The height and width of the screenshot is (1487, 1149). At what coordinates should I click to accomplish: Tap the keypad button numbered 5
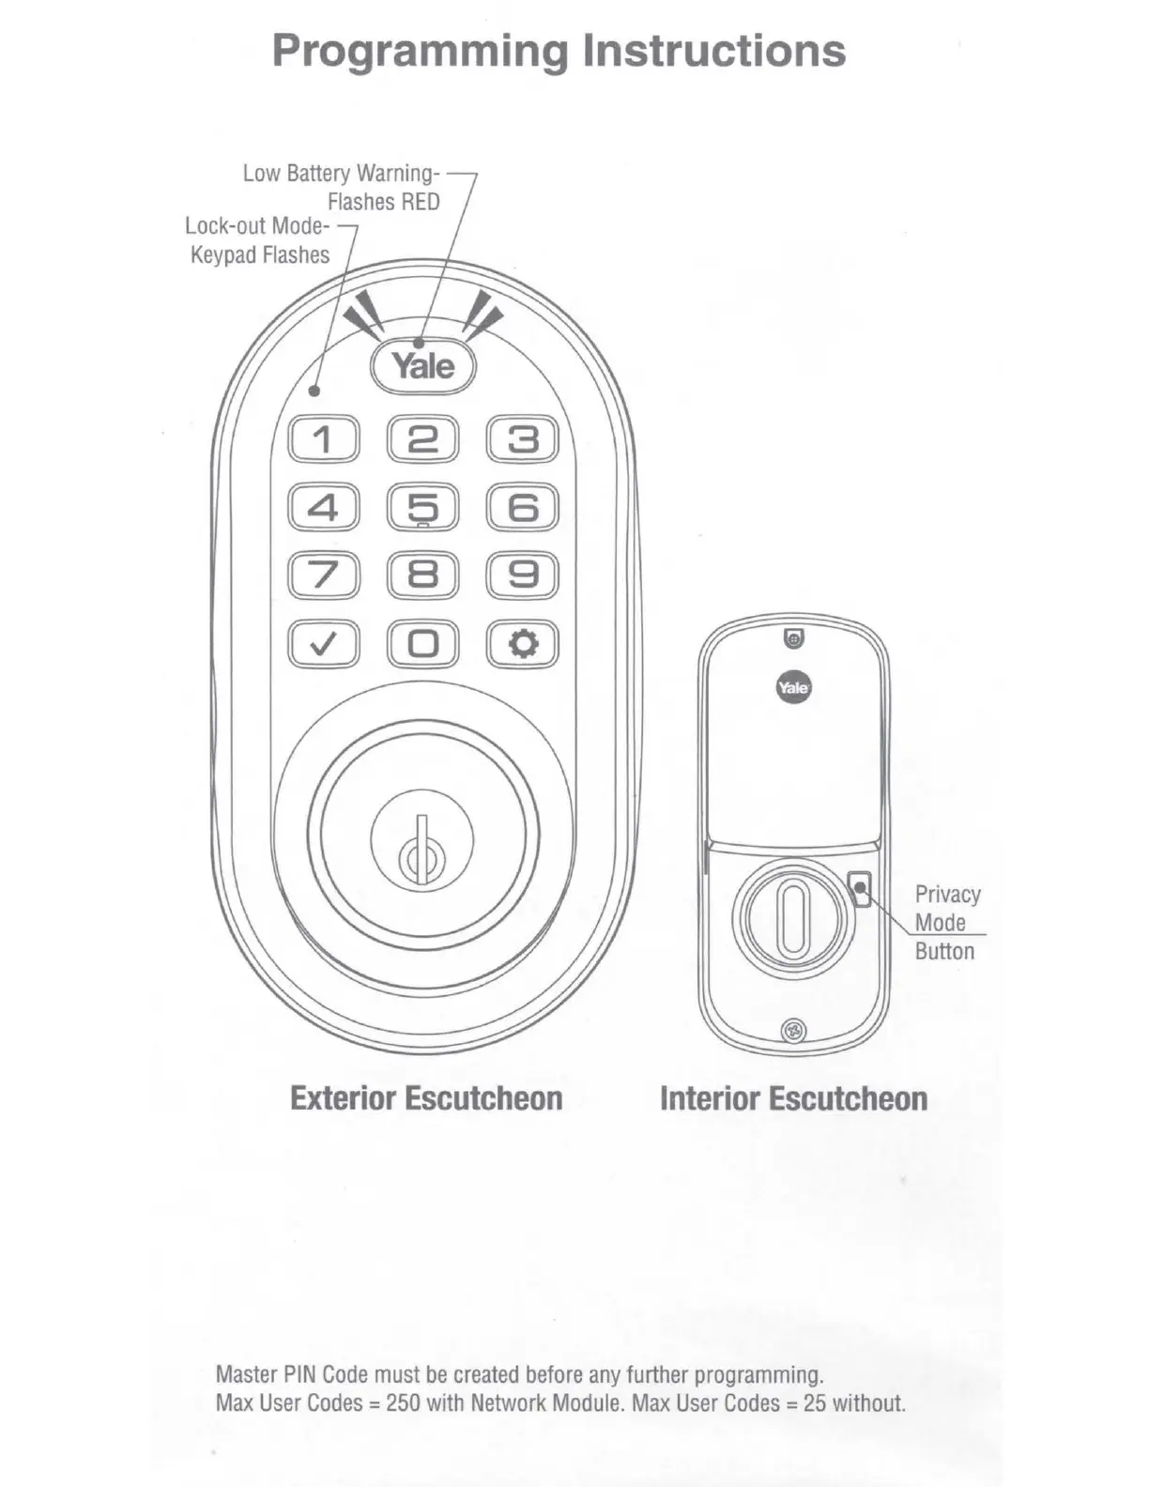click(x=422, y=507)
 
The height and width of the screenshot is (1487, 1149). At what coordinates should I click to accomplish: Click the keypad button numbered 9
click(x=523, y=575)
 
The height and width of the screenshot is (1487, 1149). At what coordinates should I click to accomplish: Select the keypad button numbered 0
click(x=422, y=644)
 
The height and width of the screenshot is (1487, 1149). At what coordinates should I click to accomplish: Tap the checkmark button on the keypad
click(x=323, y=644)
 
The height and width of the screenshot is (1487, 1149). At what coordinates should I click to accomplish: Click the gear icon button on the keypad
click(x=523, y=644)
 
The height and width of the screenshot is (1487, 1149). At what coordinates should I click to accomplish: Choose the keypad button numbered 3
click(x=523, y=439)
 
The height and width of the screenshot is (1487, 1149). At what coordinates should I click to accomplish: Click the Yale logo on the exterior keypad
click(x=423, y=366)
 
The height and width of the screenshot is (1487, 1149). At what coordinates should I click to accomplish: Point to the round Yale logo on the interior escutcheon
click(x=793, y=688)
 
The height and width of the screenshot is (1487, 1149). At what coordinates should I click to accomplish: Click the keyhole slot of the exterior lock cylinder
click(x=421, y=850)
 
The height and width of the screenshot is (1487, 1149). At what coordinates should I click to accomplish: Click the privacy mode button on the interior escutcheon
click(x=860, y=887)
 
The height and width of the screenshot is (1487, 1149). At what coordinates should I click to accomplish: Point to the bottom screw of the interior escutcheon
click(x=794, y=1032)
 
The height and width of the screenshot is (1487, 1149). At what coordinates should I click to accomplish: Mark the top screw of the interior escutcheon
click(x=793, y=638)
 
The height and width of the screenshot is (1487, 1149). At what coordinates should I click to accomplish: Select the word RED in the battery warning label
click(x=421, y=202)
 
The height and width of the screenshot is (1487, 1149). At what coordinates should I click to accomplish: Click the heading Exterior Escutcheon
click(x=426, y=1098)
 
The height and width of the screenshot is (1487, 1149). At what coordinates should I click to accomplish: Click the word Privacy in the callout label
click(x=947, y=895)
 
